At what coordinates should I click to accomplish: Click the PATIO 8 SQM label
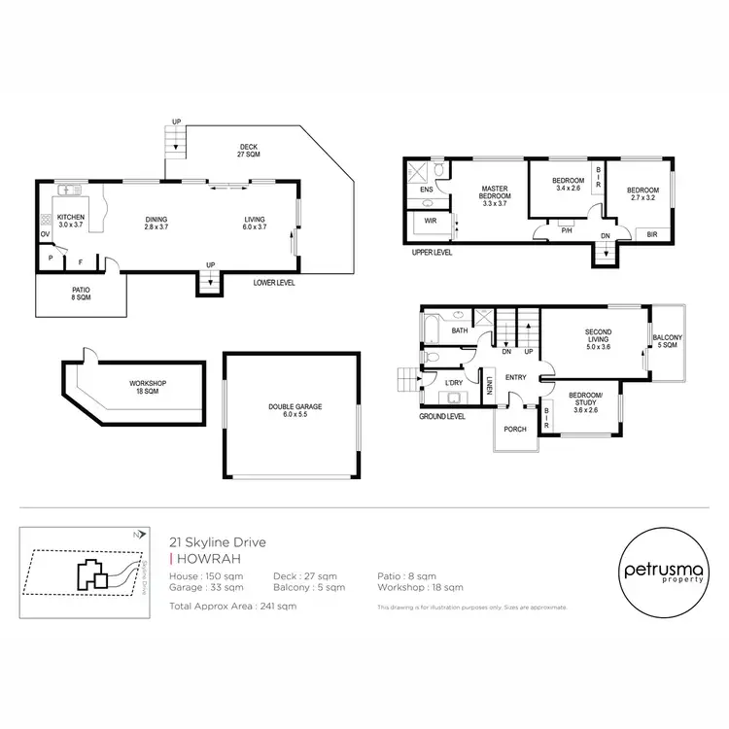(81, 294)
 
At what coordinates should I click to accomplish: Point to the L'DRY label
(452, 385)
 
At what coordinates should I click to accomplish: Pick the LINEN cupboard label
(491, 386)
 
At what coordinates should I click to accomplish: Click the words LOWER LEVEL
(273, 283)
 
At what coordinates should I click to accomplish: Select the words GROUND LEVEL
(442, 416)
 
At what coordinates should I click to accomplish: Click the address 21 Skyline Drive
(215, 542)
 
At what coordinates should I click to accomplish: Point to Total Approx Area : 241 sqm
(232, 606)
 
